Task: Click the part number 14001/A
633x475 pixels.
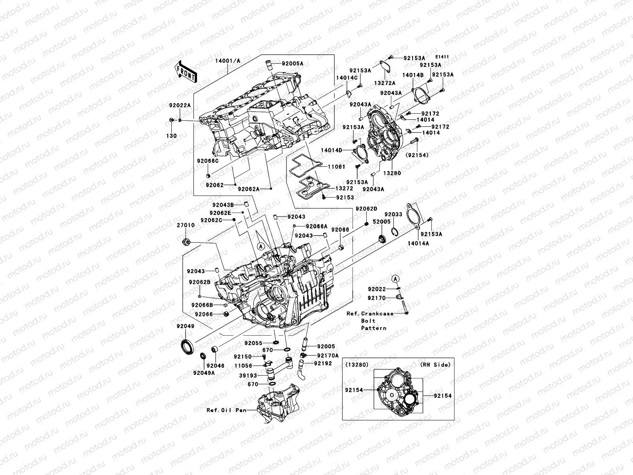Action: tap(227, 61)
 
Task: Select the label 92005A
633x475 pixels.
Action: tap(293, 63)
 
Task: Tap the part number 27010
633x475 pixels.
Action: tap(186, 225)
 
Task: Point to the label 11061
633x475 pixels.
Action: tap(336, 167)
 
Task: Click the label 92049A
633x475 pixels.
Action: tap(204, 372)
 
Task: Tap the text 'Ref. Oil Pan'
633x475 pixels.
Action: tap(226, 410)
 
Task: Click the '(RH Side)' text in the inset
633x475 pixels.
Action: tap(436, 365)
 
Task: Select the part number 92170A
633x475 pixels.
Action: tap(328, 356)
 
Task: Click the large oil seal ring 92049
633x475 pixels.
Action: tap(186, 346)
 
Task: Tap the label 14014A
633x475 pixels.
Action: tap(418, 243)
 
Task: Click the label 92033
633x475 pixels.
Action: tap(394, 214)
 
